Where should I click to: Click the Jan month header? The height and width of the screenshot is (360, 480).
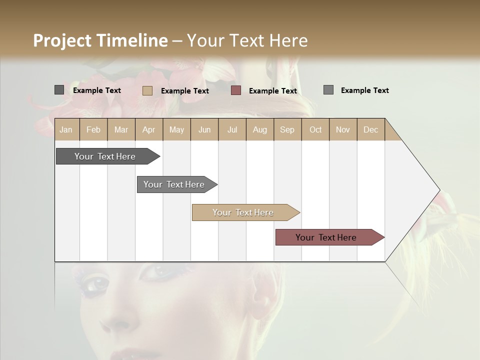coord(66,129)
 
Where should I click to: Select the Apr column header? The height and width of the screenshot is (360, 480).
coord(149,129)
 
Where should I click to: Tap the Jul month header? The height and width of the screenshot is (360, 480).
coord(232,129)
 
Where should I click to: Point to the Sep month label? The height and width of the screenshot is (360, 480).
coord(287,129)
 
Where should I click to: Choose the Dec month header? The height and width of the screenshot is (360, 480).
coord(370,129)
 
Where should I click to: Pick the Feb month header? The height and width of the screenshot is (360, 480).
coord(93,129)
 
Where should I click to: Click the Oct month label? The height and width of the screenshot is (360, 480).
coord(315,129)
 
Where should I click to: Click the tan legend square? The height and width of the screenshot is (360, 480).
coord(147,90)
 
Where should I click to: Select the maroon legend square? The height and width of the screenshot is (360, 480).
coord(236,90)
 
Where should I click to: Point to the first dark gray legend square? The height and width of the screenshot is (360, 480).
coord(59,90)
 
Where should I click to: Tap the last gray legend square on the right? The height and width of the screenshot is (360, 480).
coord(328,89)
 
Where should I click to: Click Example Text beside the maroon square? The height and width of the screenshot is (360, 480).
coord(273,91)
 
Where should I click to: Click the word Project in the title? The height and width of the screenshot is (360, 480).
coord(62,40)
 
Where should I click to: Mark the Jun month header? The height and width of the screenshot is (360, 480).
coord(204,129)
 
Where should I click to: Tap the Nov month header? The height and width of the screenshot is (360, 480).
coord(342,129)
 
